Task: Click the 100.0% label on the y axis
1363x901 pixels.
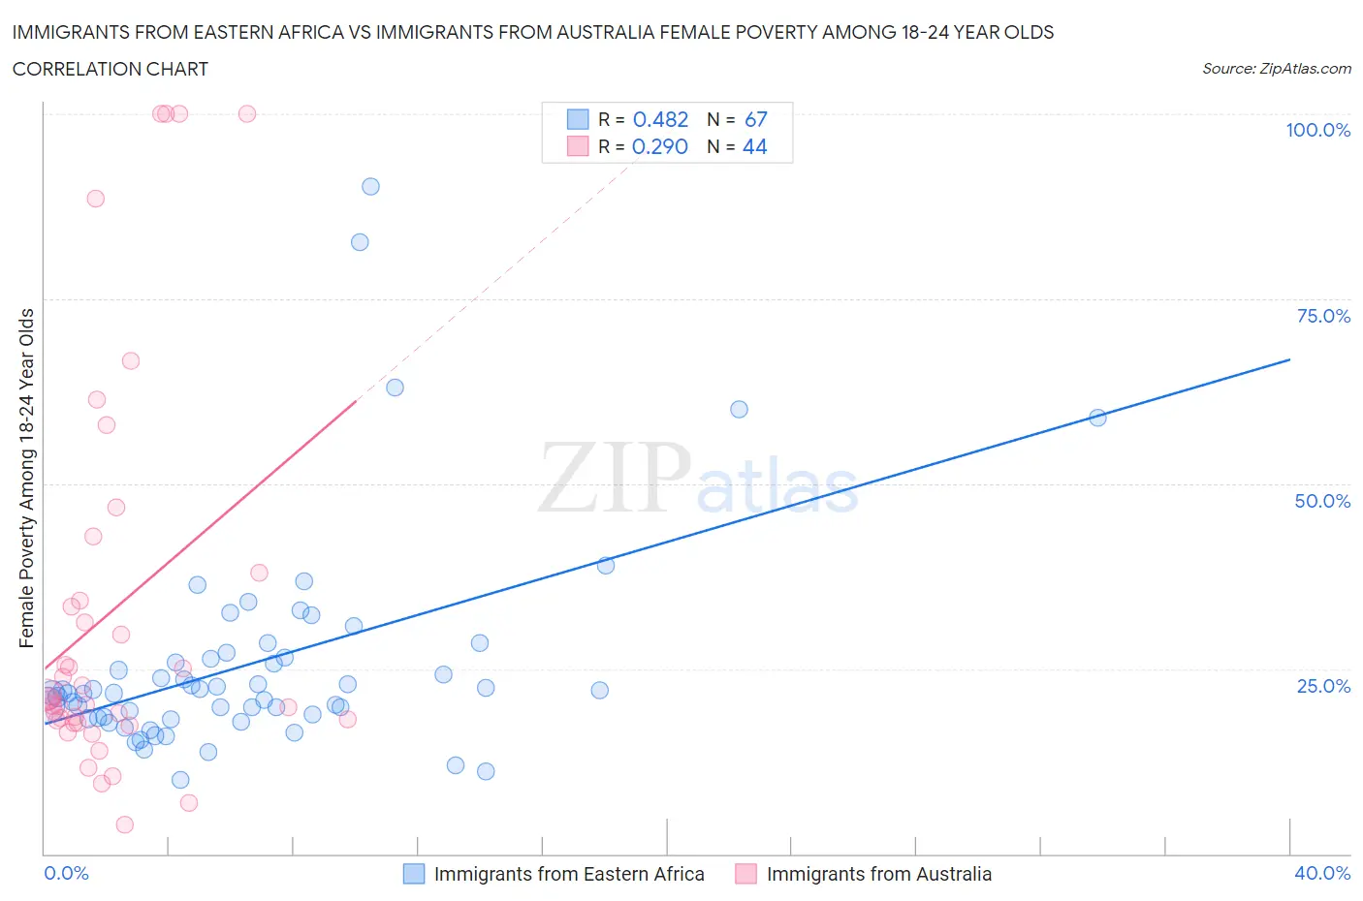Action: coord(1317,130)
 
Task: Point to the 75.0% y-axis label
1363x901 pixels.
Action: coord(1322,316)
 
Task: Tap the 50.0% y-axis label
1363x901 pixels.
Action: coord(1322,501)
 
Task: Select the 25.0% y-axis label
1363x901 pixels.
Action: coord(1322,686)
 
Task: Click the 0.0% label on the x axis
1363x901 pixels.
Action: coord(66,873)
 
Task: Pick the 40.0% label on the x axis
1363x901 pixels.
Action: coord(1322,873)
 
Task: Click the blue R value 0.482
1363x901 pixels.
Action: coord(660,119)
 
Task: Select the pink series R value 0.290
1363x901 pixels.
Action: coord(659,146)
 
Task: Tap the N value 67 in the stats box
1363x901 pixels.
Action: coord(755,119)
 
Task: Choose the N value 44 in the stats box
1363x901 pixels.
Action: coord(754,146)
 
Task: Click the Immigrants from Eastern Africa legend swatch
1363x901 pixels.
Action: coord(414,874)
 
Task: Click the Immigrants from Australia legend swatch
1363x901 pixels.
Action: coord(745,874)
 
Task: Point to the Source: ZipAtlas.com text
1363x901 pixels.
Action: coord(1276,68)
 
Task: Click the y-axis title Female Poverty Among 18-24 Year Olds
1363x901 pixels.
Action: coord(26,478)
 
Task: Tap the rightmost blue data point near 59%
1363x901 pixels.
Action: coord(1097,418)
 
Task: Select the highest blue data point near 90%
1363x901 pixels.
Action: coord(370,186)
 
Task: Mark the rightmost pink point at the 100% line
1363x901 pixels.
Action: coord(247,113)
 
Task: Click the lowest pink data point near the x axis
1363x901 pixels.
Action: coord(124,824)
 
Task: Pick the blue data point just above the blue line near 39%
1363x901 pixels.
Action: coord(606,565)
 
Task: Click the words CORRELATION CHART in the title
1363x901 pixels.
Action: coord(111,69)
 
